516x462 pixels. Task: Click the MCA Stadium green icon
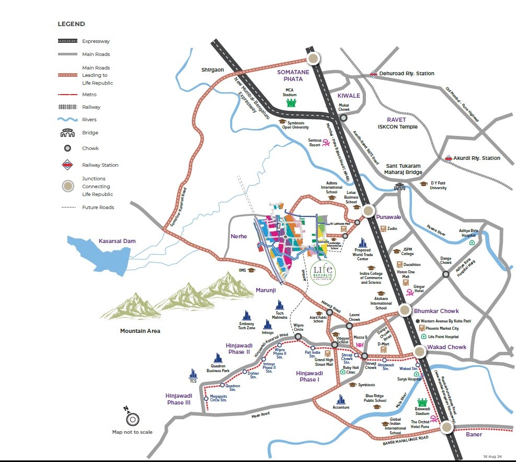click(x=291, y=102)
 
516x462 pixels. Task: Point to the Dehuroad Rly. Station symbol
click(x=373, y=74)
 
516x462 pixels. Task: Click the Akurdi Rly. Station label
click(x=477, y=158)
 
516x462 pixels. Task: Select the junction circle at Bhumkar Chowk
click(x=405, y=310)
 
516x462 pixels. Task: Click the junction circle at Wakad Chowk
click(x=421, y=353)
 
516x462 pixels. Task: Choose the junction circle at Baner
click(x=446, y=427)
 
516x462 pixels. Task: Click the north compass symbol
click(x=132, y=419)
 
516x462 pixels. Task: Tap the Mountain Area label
click(x=140, y=331)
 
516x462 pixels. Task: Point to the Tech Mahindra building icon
click(x=280, y=305)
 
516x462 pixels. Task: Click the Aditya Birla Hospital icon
click(x=472, y=242)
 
